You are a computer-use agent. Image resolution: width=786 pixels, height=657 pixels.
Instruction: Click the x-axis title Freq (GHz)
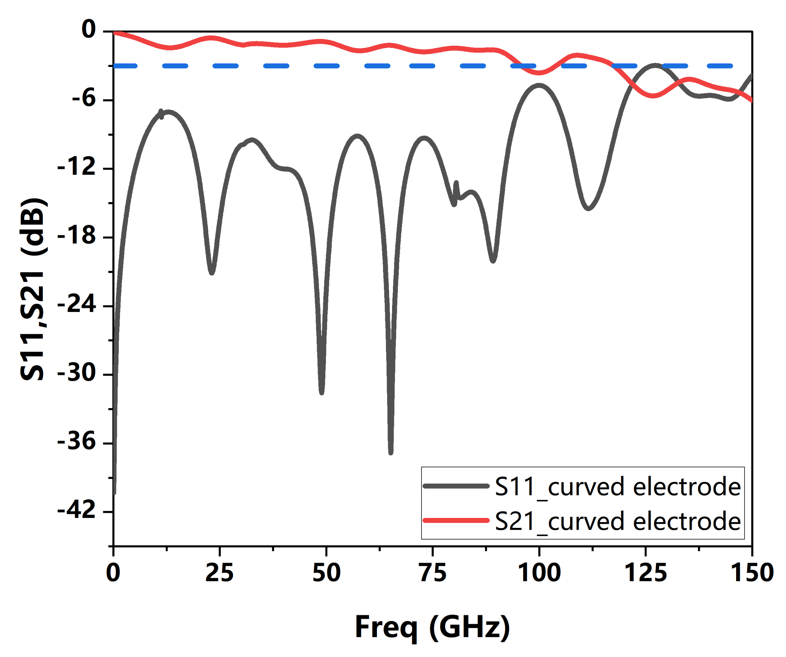pyautogui.click(x=432, y=627)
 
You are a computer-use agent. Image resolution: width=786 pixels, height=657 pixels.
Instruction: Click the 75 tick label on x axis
pyautogui.click(x=433, y=573)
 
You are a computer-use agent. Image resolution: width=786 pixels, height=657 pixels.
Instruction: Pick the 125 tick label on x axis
pyautogui.click(x=646, y=573)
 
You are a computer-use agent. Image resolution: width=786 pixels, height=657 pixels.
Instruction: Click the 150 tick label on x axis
pyautogui.click(x=752, y=573)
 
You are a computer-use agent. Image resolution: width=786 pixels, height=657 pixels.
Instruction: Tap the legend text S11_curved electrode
pyautogui.click(x=618, y=487)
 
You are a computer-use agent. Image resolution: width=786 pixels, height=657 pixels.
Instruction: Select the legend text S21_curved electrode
pyautogui.click(x=618, y=521)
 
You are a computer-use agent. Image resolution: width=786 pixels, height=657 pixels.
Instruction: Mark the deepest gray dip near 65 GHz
pyautogui.click(x=391, y=452)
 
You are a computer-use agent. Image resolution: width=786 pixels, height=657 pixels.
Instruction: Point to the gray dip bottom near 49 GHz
pyautogui.click(x=322, y=392)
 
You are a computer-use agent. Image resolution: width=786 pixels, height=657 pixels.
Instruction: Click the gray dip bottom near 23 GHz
pyautogui.click(x=212, y=273)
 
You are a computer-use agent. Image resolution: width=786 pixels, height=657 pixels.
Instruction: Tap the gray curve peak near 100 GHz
pyautogui.click(x=539, y=85)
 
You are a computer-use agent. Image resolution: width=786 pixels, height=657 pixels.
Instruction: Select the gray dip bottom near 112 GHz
pyautogui.click(x=588, y=208)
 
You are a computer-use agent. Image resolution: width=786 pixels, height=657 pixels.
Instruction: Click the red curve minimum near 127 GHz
pyautogui.click(x=653, y=96)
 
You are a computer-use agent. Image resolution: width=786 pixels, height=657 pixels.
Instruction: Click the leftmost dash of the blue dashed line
pyautogui.click(x=125, y=66)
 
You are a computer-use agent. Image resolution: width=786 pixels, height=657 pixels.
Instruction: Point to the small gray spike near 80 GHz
pyautogui.click(x=456, y=184)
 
